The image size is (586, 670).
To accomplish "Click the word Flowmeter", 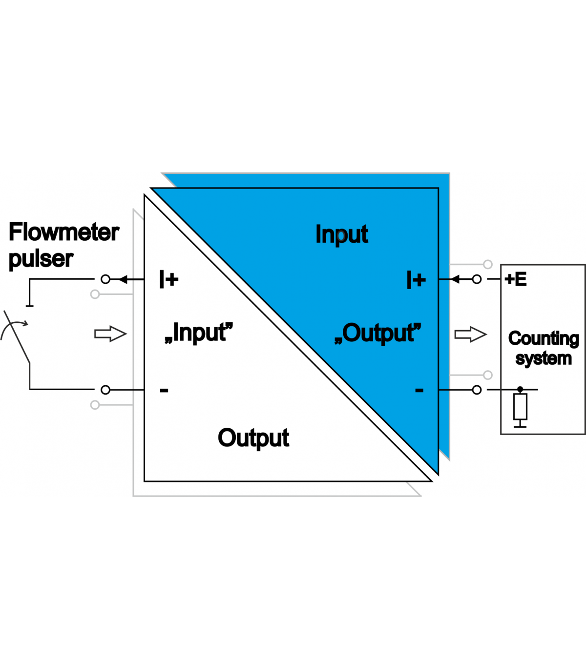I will click(63, 232).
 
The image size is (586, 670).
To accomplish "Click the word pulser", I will click(41, 259).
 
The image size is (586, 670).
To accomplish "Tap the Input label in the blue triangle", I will click(341, 234).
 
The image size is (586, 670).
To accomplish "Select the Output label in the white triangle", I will click(253, 438).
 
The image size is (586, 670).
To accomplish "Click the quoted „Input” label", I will click(199, 333).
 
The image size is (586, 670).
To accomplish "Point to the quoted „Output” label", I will click(377, 334).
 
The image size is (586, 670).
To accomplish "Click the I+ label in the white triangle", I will click(169, 279).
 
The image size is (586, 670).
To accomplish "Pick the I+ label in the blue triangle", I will click(416, 280).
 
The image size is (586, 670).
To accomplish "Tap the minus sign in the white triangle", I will click(164, 390).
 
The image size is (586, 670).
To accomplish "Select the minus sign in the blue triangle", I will click(419, 390).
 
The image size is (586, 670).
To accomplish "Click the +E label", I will click(516, 279).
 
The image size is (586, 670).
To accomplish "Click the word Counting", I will click(544, 338).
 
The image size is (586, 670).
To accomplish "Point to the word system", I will click(544, 359).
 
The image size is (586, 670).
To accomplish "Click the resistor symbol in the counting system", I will click(520, 407).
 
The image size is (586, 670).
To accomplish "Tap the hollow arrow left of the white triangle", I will click(110, 334).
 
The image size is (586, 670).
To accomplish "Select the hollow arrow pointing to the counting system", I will click(470, 335).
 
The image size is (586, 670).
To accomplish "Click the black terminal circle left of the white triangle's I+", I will click(105, 279).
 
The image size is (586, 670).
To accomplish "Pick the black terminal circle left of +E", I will click(477, 279).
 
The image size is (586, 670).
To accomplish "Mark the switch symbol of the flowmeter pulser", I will click(17, 337).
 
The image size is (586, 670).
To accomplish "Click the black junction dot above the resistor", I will click(520, 389).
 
